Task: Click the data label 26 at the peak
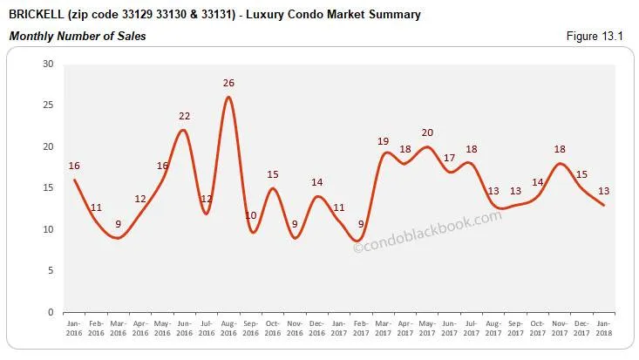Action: pos(228,84)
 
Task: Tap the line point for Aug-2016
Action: pos(228,97)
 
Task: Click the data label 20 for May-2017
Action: pos(427,133)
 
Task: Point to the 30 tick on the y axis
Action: pos(48,65)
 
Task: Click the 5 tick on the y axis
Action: pos(51,271)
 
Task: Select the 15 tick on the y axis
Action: pos(48,188)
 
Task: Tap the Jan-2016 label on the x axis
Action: pos(74,328)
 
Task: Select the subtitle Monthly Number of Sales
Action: pos(78,36)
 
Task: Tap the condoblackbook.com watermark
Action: pos(428,232)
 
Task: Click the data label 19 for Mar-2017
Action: pos(382,141)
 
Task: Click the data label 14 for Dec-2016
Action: pos(316,183)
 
